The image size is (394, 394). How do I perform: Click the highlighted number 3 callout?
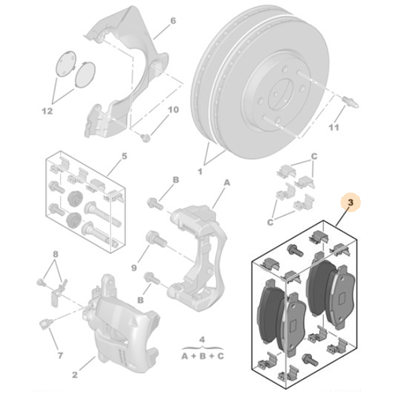[351, 203]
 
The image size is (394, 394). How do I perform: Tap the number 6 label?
[173, 20]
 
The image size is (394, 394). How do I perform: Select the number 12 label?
[47, 111]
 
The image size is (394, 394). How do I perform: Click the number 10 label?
[173, 110]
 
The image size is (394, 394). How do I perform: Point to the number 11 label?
[334, 128]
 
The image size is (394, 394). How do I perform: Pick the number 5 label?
[125, 156]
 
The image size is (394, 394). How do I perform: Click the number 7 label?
[61, 355]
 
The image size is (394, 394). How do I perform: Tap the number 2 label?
[75, 375]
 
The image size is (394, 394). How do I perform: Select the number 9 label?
[134, 268]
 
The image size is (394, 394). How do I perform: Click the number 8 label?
[55, 254]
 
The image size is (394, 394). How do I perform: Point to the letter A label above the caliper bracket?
[227, 182]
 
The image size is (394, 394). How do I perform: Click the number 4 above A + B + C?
[202, 340]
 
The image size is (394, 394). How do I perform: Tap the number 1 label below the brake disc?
[200, 172]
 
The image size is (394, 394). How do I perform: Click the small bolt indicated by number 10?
[145, 138]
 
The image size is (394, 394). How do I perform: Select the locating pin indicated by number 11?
[351, 102]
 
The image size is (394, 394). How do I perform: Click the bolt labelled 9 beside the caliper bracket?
[156, 239]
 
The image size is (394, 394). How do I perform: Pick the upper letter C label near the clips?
[314, 157]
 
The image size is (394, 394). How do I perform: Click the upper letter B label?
[176, 180]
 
